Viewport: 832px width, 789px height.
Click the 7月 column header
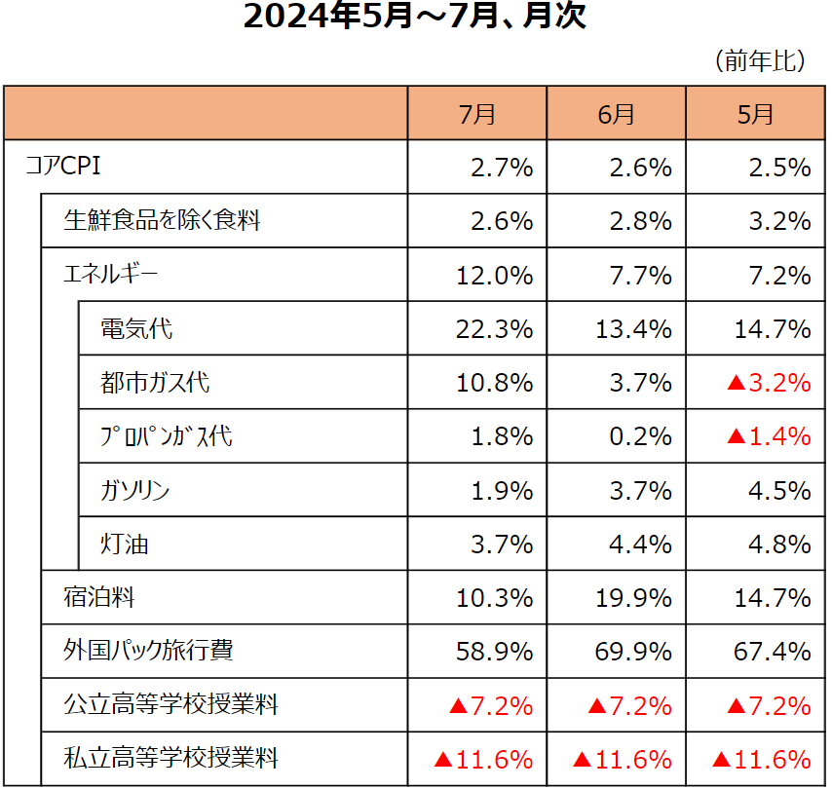(477, 114)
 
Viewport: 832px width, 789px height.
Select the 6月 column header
(617, 114)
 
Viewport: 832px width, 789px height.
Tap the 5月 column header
(756, 114)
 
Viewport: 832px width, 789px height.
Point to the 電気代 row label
(136, 329)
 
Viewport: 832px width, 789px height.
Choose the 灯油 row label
(125, 544)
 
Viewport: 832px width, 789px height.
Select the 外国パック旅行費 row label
(148, 651)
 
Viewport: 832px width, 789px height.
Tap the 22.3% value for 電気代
(494, 329)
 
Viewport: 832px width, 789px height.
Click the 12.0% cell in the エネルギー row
(494, 276)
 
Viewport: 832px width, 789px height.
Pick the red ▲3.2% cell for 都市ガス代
(769, 383)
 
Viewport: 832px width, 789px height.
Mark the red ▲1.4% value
(769, 436)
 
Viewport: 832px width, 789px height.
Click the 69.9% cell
(633, 651)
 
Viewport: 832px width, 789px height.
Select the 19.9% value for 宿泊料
(633, 597)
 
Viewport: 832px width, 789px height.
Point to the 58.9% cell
(494, 651)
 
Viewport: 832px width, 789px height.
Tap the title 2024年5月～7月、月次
(415, 19)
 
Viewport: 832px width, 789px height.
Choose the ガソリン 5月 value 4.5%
(779, 490)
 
